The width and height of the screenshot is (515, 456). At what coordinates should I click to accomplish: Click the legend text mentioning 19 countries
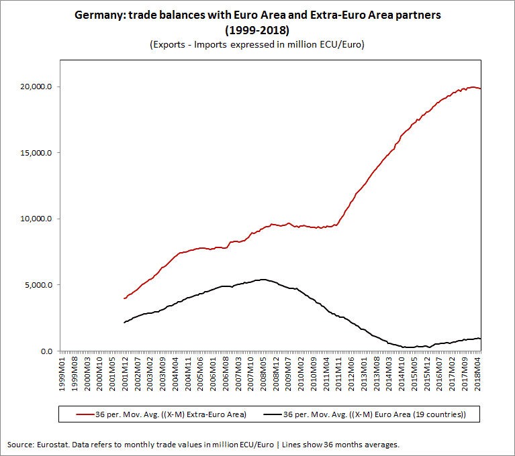(430, 414)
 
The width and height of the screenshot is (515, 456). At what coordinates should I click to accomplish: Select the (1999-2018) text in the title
(257, 30)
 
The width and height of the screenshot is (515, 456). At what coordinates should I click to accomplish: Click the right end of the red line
(481, 89)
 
